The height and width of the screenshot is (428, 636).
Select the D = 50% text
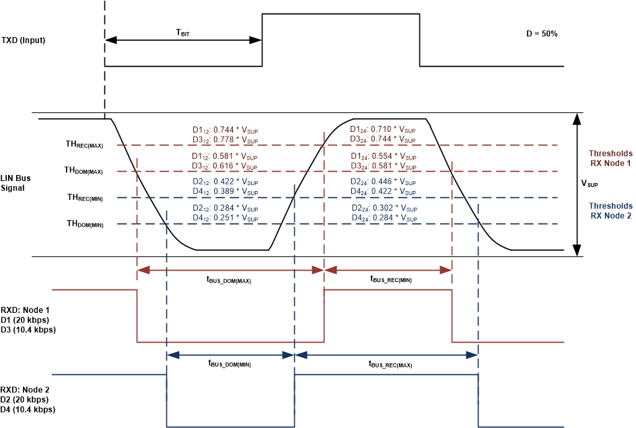[540, 34]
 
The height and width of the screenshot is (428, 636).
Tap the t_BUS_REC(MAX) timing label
[390, 364]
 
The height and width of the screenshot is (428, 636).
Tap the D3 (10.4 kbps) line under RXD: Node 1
[28, 330]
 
